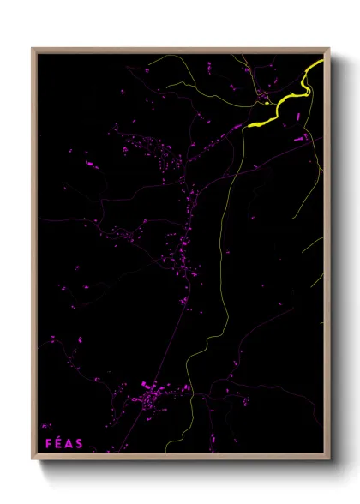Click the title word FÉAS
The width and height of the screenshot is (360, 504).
(63, 443)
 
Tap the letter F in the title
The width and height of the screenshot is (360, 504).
(48, 443)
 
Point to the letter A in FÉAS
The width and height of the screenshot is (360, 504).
(69, 443)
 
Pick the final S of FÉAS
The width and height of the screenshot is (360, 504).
(80, 443)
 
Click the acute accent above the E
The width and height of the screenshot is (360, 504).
(58, 438)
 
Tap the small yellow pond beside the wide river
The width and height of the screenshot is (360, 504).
(267, 103)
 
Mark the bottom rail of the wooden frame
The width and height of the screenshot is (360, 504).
(180, 455)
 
